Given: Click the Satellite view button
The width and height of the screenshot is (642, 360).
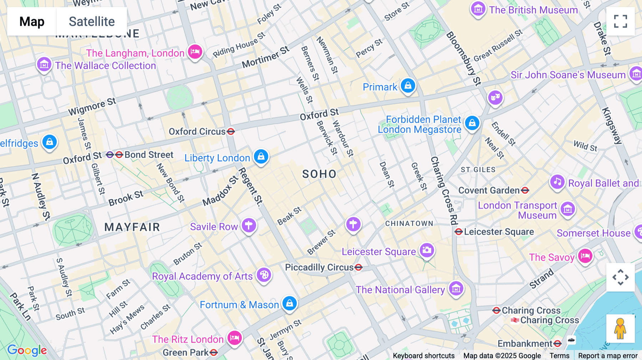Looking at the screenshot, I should (92, 21).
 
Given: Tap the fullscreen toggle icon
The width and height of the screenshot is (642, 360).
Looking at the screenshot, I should (620, 21).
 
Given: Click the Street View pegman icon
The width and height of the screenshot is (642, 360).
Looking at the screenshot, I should (620, 329).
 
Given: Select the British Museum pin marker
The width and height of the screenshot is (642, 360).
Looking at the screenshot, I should (478, 9).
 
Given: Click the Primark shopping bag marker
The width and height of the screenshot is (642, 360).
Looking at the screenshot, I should (408, 86).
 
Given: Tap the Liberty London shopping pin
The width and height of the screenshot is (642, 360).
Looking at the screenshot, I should (261, 156).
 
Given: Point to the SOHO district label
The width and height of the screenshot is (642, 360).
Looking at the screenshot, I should (319, 174).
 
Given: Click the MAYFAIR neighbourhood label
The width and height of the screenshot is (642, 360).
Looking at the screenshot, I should (132, 227).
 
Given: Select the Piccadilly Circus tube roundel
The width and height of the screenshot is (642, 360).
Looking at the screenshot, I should (359, 267).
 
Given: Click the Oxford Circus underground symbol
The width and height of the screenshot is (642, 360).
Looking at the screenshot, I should (231, 132).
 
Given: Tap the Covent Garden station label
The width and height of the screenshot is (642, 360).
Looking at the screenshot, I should (489, 190).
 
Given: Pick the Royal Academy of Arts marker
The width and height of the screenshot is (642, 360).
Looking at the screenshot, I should (264, 275).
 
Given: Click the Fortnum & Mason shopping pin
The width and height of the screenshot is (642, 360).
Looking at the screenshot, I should (290, 303).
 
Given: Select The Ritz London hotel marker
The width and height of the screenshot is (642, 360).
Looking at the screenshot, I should (234, 337).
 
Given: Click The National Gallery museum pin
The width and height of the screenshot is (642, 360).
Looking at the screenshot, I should (456, 288).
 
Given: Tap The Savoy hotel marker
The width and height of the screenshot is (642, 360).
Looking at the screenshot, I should (585, 256).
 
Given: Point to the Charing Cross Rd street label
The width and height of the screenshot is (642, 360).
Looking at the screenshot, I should (444, 191).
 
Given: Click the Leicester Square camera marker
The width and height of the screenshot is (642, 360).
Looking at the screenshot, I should (427, 250).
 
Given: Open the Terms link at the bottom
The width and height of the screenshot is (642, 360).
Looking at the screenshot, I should (559, 355).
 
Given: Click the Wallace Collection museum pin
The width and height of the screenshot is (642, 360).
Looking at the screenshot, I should (44, 65).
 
